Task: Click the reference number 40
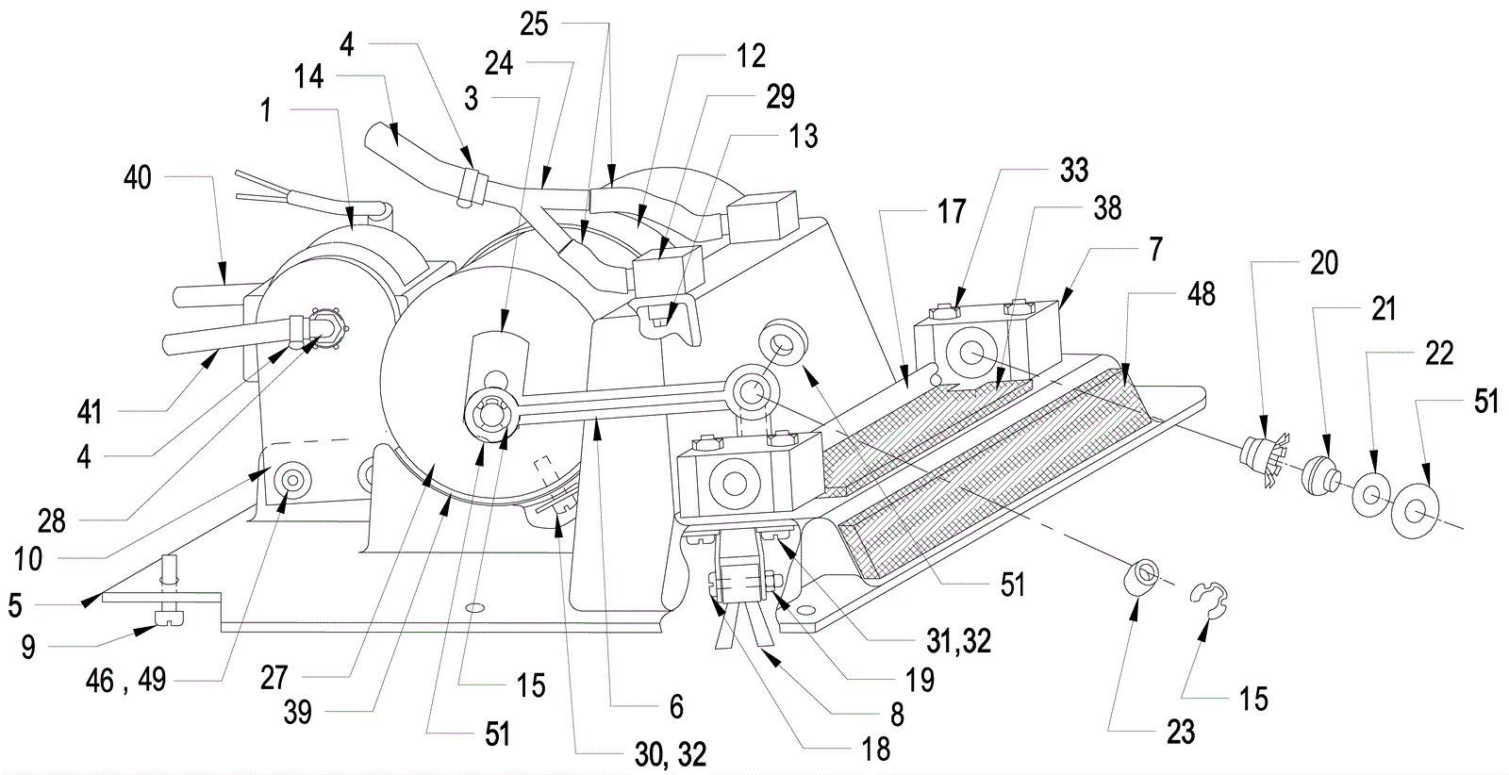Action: point(138,178)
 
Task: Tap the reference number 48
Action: point(1202,294)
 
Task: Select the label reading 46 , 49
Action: point(126,681)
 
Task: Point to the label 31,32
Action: point(958,642)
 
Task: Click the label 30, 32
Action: point(671,755)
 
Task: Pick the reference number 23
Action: point(1180,732)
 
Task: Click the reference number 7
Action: point(1156,249)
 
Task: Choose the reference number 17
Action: point(952,211)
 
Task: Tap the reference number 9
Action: point(27,647)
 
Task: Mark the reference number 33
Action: point(1074,171)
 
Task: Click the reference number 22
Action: point(1439,353)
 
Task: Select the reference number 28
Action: point(51,521)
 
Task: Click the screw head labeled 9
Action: point(169,616)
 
